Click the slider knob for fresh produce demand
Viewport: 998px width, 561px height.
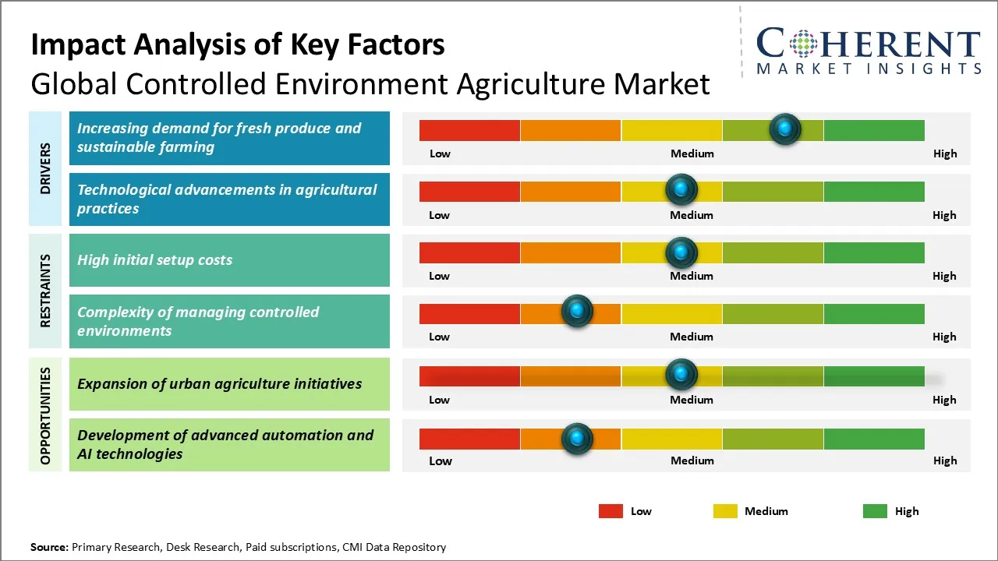785,129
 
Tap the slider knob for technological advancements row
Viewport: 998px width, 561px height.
681,189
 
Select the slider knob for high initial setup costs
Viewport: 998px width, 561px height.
681,252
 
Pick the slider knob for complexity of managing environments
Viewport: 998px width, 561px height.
577,312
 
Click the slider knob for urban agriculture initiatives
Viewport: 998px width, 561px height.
681,375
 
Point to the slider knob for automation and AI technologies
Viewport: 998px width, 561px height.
577,439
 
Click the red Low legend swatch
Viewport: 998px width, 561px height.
610,511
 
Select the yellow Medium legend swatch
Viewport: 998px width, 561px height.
725,511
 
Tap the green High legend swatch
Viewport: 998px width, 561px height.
875,511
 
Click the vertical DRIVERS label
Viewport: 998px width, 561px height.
46,168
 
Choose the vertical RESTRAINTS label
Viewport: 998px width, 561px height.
46,291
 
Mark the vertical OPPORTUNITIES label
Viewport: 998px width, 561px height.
46,415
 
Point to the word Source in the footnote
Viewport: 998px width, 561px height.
49,548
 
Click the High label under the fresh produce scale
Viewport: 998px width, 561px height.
944,153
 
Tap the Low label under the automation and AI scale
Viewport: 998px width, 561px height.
440,460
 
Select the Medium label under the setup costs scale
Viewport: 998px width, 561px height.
692,276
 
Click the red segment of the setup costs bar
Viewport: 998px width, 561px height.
469,252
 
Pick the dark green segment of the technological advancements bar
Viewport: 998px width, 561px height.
873,191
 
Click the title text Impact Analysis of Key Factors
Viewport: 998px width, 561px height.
238,45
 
